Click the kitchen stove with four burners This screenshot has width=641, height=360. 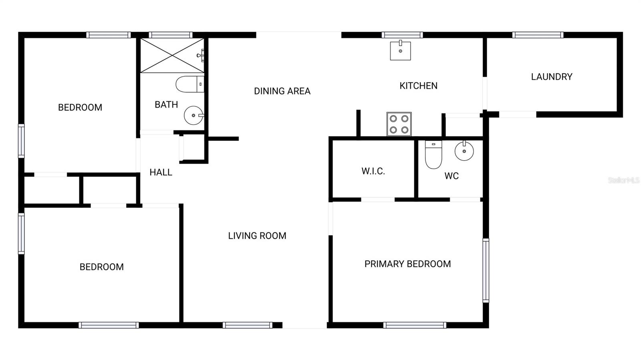pos(399,124)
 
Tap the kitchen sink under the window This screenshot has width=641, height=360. pos(400,50)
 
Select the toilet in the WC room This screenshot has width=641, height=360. pos(433,155)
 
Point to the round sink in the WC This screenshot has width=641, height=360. pos(464,151)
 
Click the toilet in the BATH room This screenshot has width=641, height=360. pos(190,84)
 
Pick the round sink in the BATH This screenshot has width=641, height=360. pos(194,115)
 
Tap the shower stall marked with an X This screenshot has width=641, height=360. pos(172,56)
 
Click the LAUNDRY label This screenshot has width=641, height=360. pos(551,76)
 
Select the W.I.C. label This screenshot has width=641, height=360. pos(373,171)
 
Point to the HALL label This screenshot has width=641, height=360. pos(161,172)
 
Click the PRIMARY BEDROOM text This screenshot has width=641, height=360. pos(407,263)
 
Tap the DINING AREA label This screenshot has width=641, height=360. pos(282,91)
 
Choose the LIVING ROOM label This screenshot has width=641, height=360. pos(257,235)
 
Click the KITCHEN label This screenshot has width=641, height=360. pos(418,86)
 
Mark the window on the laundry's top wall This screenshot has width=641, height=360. pos(538,35)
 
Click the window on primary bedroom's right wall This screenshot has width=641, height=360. pos(486,270)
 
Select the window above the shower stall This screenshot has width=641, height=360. pos(171,35)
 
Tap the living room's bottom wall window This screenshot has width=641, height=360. pos(248,325)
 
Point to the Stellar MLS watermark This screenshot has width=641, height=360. pos(623,180)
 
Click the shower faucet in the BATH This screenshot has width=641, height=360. pos(201,55)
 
